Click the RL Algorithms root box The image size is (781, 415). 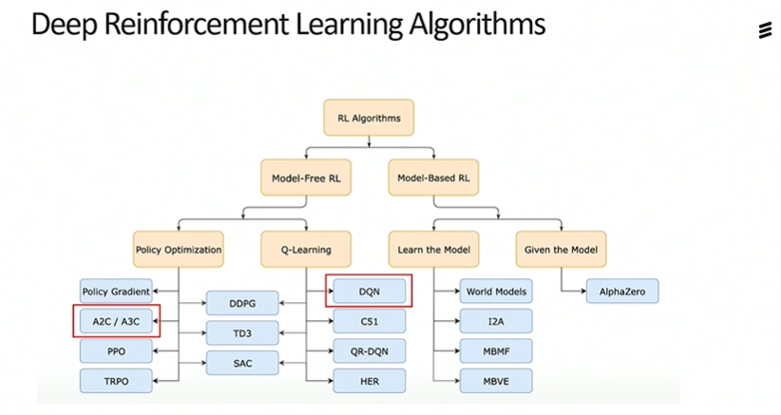pos(369,118)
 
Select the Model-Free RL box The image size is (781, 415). pos(306,178)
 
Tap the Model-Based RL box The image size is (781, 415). pos(433,178)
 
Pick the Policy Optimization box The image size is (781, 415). pos(179,250)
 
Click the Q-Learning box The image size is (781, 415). pos(306,250)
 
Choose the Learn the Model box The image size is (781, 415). pos(433,250)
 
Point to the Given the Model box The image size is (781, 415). pos(561,250)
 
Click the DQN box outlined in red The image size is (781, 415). pos(369,292)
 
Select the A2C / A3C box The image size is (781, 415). pos(116,321)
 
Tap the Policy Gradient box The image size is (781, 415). pos(116,292)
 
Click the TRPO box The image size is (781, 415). pos(116,381)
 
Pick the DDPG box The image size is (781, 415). pos(242,303)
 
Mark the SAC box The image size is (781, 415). pos(242,363)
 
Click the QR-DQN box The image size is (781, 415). pos(369,350)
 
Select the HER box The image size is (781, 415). pos(369,381)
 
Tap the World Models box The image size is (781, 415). pos(496,292)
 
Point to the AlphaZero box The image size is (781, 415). pos(622,292)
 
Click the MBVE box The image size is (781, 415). pos(496,381)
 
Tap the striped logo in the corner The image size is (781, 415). pos(765,30)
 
